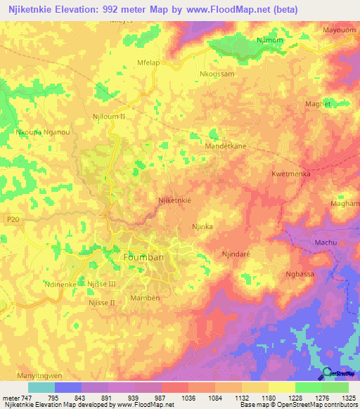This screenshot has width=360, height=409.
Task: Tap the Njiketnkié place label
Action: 175,200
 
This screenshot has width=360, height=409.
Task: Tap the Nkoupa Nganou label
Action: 43,131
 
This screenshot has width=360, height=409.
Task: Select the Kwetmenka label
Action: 291,173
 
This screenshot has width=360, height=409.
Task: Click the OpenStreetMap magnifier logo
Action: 327,372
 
